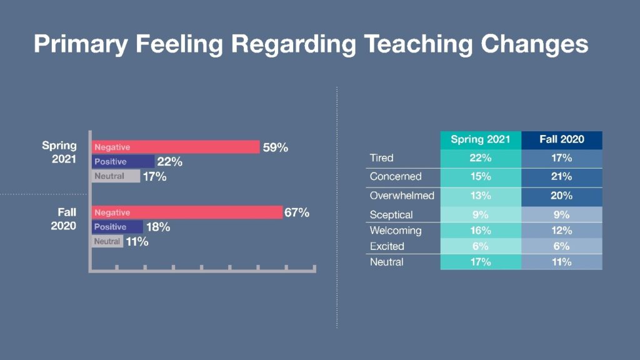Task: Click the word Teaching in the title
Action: pos(418,44)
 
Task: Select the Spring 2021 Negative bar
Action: pos(176,147)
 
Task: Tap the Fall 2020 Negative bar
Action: pos(187,212)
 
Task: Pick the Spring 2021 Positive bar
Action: pos(123,161)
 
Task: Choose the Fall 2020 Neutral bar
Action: pos(107,241)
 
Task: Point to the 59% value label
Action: pos(276,147)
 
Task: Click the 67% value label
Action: pos(297,212)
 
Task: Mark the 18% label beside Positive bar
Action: pos(158,227)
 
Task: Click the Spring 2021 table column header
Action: pos(481,139)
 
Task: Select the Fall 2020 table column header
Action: pos(562,139)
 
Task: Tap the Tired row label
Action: pos(382,158)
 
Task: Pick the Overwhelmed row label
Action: pos(402,196)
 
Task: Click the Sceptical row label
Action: pos(391,215)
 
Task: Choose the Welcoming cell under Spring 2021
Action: pos(481,231)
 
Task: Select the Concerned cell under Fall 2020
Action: pos(562,177)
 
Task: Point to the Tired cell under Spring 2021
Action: pos(481,158)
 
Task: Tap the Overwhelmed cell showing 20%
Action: pos(562,196)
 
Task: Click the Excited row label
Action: pos(387,246)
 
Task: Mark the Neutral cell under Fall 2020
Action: pos(562,262)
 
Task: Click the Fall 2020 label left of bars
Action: pos(64,219)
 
